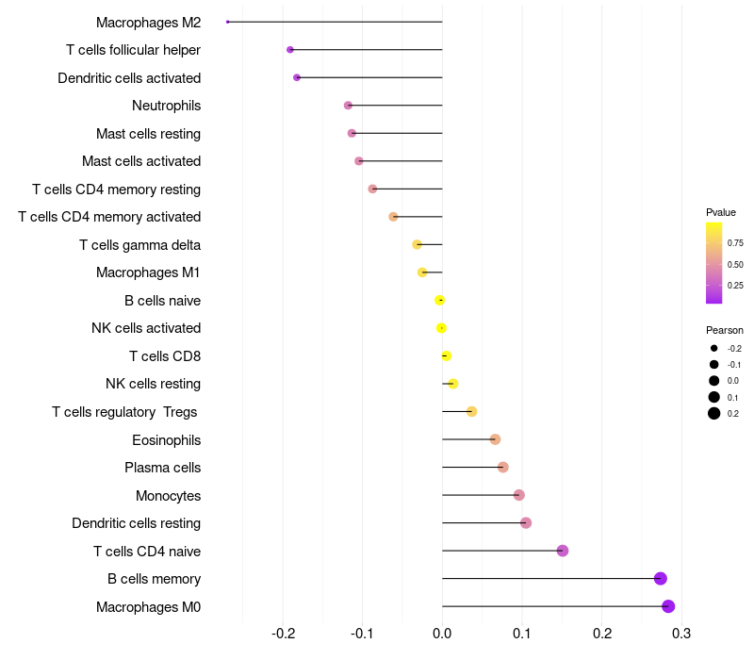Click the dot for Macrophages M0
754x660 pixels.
668,606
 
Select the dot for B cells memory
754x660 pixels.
661,579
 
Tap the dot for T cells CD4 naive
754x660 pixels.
563,551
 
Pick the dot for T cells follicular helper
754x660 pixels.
290,50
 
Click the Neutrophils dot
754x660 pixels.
348,106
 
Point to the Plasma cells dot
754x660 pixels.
503,468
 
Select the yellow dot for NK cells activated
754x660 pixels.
441,328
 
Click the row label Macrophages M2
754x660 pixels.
148,22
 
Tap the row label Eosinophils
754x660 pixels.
166,440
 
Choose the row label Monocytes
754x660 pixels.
168,496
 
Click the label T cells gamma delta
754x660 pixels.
139,245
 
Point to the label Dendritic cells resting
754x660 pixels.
136,523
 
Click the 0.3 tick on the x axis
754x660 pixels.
681,633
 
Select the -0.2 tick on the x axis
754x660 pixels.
284,633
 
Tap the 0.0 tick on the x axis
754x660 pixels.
442,633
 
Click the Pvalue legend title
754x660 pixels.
721,212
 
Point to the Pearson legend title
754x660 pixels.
725,330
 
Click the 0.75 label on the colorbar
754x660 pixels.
735,242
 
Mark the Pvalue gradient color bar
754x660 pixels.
714,263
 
